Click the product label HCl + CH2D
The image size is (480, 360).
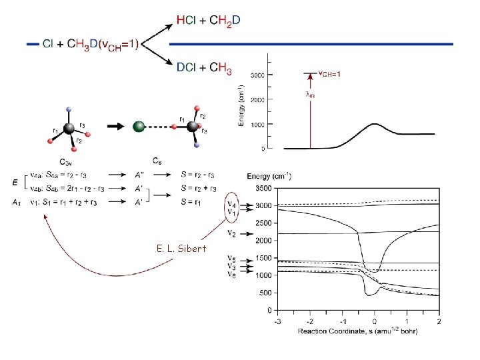pos(208,21)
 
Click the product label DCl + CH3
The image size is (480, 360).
pos(205,67)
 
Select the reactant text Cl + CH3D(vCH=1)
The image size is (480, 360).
pos(91,44)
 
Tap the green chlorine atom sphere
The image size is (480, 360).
pos(139,125)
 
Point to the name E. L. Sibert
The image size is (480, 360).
pos(181,249)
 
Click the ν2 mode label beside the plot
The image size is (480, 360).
pos(231,233)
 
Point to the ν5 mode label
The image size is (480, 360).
pos(231,258)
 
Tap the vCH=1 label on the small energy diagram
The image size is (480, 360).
pos(329,73)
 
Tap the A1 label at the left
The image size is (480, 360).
pos(17,201)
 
